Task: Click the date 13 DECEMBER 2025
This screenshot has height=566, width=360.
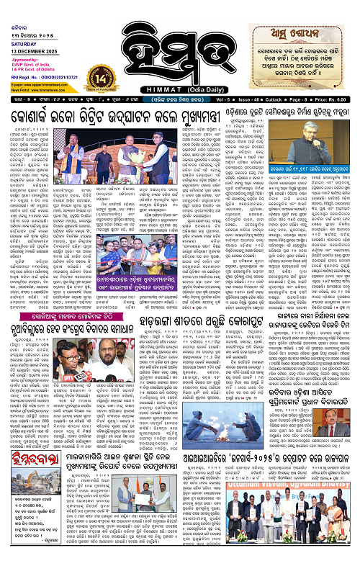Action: (x=27, y=27)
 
